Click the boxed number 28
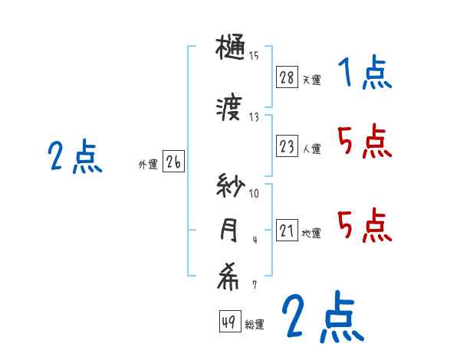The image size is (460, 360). coord(287,77)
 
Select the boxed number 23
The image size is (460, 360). coord(287,146)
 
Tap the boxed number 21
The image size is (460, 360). coord(287,231)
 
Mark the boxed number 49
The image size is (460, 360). coord(229,322)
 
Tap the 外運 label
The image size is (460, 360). coord(148,162)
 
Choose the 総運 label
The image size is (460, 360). coord(255,325)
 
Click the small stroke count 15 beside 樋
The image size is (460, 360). coord(254,55)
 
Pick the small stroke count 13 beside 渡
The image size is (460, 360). coord(254,116)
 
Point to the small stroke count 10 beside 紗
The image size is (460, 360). coord(254,193)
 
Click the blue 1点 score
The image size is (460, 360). coord(364,74)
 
